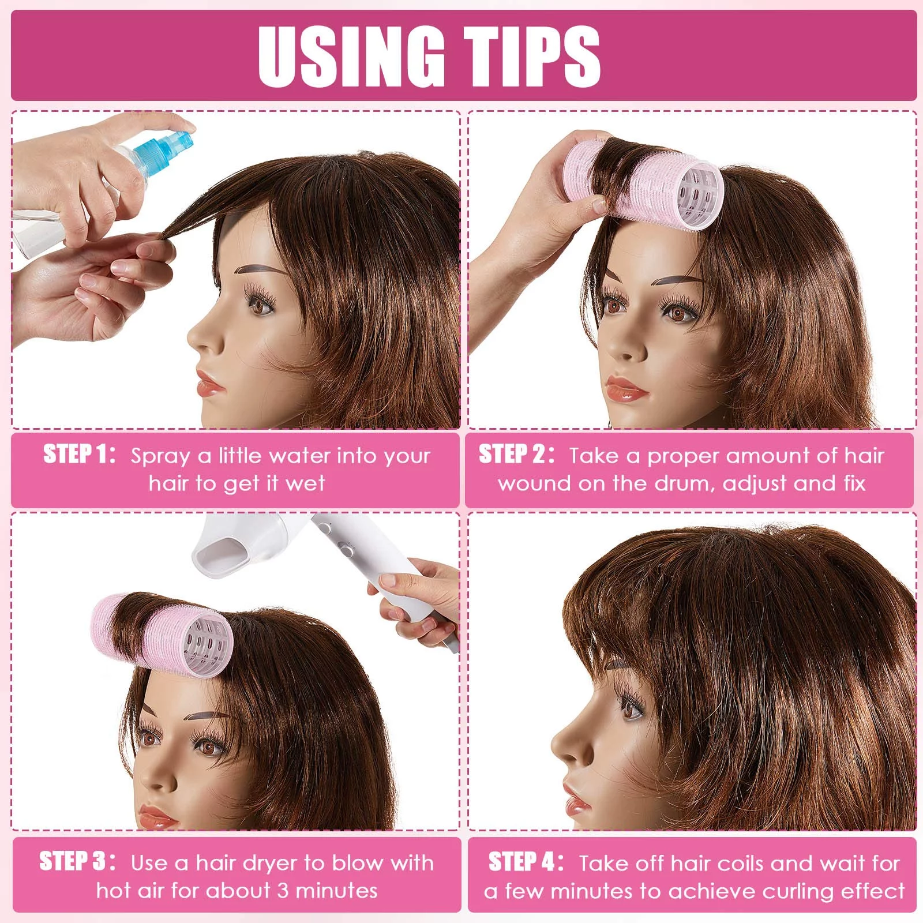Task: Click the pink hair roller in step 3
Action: coord(162,635)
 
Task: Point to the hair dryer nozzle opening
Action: coord(216,559)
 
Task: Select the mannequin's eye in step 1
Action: coord(259,304)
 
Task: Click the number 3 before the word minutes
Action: coord(282,891)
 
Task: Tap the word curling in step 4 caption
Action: coord(798,892)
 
